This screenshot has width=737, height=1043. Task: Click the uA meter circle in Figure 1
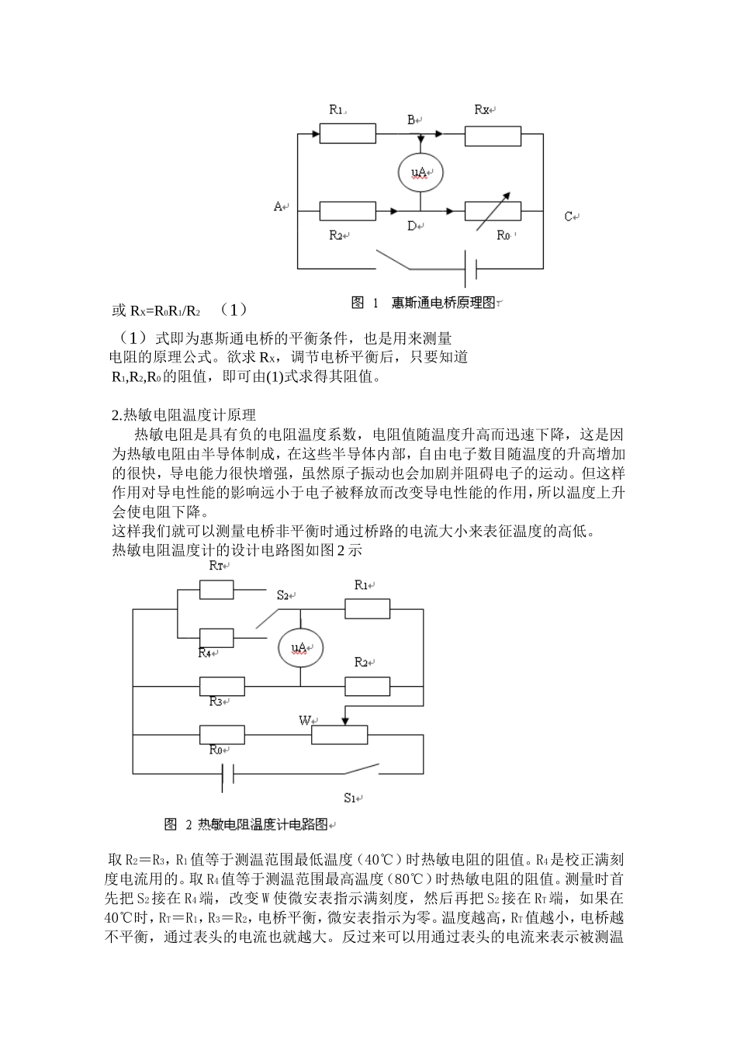[x=420, y=172]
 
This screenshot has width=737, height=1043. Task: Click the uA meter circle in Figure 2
[x=300, y=647]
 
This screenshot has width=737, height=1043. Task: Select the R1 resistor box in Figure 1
[x=348, y=133]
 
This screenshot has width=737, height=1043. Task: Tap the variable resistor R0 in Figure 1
[x=493, y=210]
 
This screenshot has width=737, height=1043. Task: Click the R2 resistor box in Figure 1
[x=348, y=210]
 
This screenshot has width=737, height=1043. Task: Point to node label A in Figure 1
[x=279, y=206]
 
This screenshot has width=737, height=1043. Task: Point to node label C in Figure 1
[x=569, y=217]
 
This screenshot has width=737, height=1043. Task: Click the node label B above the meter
[x=413, y=120]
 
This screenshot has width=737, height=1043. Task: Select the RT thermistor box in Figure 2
[x=216, y=590]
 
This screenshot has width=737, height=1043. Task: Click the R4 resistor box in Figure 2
[x=216, y=638]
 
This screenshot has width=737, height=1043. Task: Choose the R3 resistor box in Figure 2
[x=223, y=687]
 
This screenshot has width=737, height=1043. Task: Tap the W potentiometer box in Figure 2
[x=340, y=734]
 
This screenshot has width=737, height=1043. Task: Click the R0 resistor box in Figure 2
[x=223, y=734]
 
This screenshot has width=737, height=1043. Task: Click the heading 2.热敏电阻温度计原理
[x=184, y=415]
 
